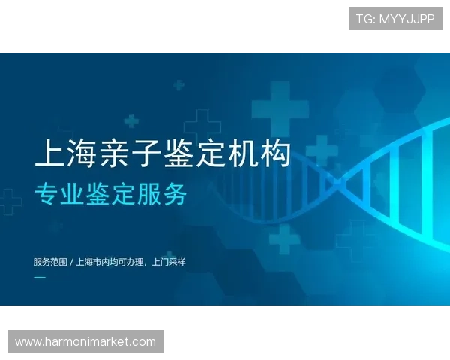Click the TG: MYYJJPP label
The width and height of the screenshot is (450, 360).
(395, 19)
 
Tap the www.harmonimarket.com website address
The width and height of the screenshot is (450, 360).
(85, 342)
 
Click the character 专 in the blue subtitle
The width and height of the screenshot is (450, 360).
(45, 194)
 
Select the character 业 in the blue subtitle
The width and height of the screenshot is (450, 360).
(70, 194)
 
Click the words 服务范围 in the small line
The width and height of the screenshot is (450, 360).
(49, 262)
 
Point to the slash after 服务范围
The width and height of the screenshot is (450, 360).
(71, 262)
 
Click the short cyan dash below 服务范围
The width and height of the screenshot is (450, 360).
(40, 277)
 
